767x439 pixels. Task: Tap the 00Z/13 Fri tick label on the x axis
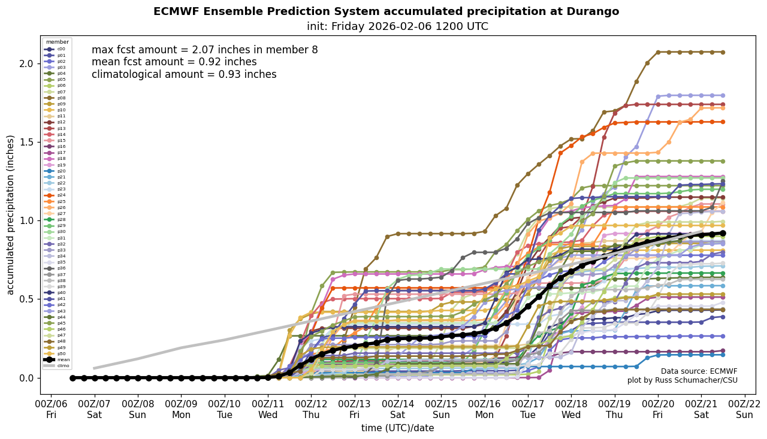pyautogui.click(x=355, y=408)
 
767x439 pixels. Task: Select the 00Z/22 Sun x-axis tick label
pyautogui.click(x=745, y=408)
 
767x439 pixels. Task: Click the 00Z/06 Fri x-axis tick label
pyautogui.click(x=52, y=408)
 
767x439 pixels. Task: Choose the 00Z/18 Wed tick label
pyautogui.click(x=571, y=408)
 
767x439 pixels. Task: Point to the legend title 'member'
pyautogui.click(x=58, y=42)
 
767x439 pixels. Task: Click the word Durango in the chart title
pyautogui.click(x=591, y=12)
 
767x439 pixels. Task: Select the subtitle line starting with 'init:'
pyautogui.click(x=397, y=26)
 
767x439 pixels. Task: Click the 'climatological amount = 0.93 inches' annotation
pyautogui.click(x=184, y=75)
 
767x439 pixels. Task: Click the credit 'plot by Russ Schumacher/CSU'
pyautogui.click(x=682, y=380)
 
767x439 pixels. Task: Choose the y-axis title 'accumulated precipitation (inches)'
pyautogui.click(x=10, y=214)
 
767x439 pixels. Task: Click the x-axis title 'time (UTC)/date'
pyautogui.click(x=397, y=428)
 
